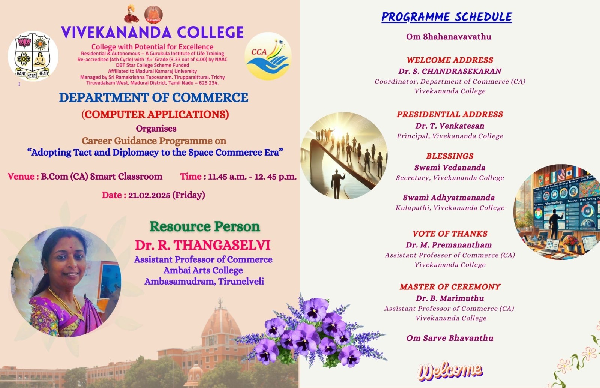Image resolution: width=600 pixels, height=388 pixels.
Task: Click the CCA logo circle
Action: (x=268, y=56)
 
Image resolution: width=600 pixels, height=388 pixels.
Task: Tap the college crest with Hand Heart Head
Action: (x=33, y=56)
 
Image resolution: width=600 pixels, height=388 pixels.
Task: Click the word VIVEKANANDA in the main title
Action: (x=116, y=32)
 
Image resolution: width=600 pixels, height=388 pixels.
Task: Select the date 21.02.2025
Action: (x=149, y=195)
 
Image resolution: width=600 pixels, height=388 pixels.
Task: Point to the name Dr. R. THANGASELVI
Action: (x=203, y=245)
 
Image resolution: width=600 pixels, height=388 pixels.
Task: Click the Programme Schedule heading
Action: (x=447, y=17)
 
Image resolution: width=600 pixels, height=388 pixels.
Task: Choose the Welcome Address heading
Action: (x=450, y=60)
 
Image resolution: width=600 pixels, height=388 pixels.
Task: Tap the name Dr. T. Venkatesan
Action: (x=450, y=126)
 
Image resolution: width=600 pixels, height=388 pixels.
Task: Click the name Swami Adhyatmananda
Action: (x=449, y=198)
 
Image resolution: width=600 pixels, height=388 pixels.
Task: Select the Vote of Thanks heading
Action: (x=450, y=234)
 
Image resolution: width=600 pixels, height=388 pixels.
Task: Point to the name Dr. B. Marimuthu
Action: (x=450, y=298)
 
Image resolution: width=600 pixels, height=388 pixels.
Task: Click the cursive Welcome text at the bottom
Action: (x=450, y=371)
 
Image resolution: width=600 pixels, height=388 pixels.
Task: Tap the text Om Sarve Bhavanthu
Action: (x=450, y=338)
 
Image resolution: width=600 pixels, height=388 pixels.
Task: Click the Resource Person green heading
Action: (x=205, y=226)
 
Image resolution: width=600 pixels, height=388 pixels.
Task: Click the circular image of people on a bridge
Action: (x=343, y=156)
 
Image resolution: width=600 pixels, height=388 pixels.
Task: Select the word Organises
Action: (x=156, y=129)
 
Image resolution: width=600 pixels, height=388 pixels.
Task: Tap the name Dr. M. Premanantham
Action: (x=449, y=245)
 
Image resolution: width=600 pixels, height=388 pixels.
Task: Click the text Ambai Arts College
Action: (x=203, y=270)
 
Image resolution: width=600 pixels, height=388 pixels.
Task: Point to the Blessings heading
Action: (x=450, y=156)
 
